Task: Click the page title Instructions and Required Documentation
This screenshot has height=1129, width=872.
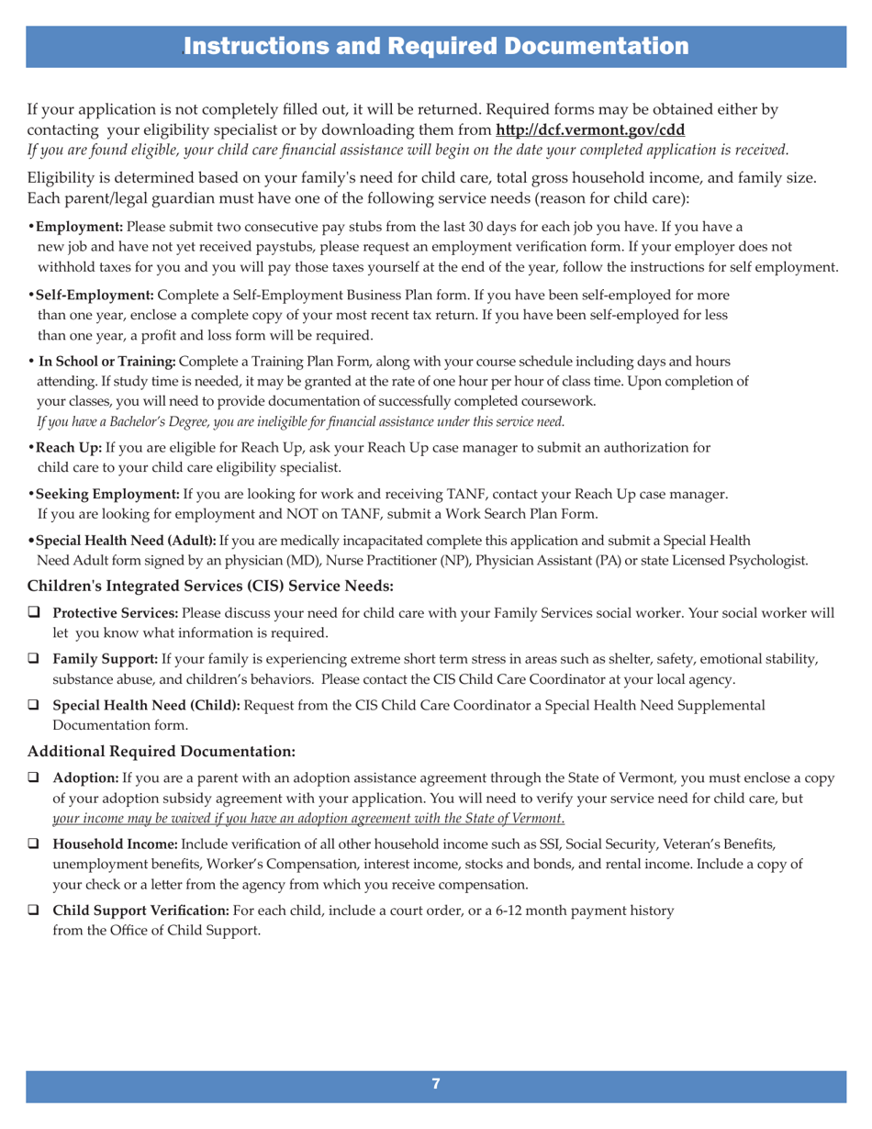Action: [x=435, y=45]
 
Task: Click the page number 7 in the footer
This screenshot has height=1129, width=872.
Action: [x=436, y=1084]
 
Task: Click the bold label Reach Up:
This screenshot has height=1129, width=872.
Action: [x=69, y=448]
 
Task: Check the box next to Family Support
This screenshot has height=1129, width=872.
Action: [x=36, y=660]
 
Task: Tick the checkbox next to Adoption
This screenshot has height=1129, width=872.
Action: [x=36, y=779]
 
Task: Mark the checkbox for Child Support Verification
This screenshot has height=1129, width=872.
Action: [x=36, y=911]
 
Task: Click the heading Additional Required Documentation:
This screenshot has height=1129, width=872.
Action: [x=162, y=752]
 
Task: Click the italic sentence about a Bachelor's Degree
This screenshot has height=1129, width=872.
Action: [x=299, y=422]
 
